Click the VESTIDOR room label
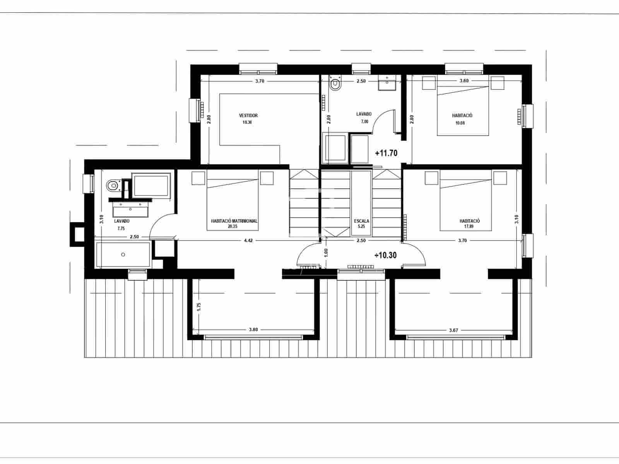(248, 116)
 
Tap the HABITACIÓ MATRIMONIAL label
(234, 221)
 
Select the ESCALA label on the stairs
(361, 221)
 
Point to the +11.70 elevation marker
(386, 153)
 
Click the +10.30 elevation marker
(386, 255)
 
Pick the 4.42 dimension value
(248, 241)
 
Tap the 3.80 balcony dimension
(253, 330)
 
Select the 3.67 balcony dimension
(453, 330)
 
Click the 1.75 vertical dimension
(199, 307)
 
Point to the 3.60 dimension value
(464, 81)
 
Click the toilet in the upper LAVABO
(335, 84)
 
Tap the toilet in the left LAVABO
(113, 186)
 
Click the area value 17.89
(469, 227)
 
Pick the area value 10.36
(247, 123)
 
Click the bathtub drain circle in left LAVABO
(123, 254)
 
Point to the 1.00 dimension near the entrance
(326, 252)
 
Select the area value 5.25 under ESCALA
(361, 227)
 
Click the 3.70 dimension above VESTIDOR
(260, 81)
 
